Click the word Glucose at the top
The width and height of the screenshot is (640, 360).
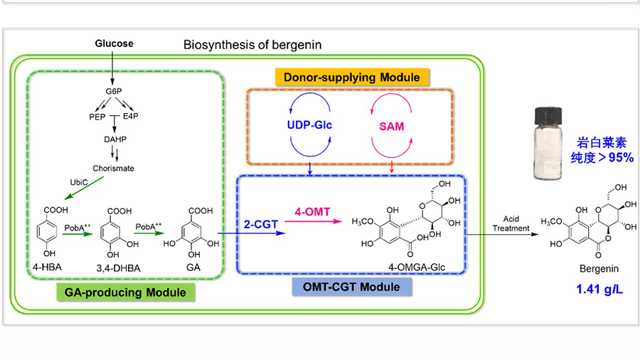pyautogui.click(x=114, y=43)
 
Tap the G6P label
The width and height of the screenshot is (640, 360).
pyautogui.click(x=114, y=93)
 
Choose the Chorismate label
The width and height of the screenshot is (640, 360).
pyautogui.click(x=114, y=169)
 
